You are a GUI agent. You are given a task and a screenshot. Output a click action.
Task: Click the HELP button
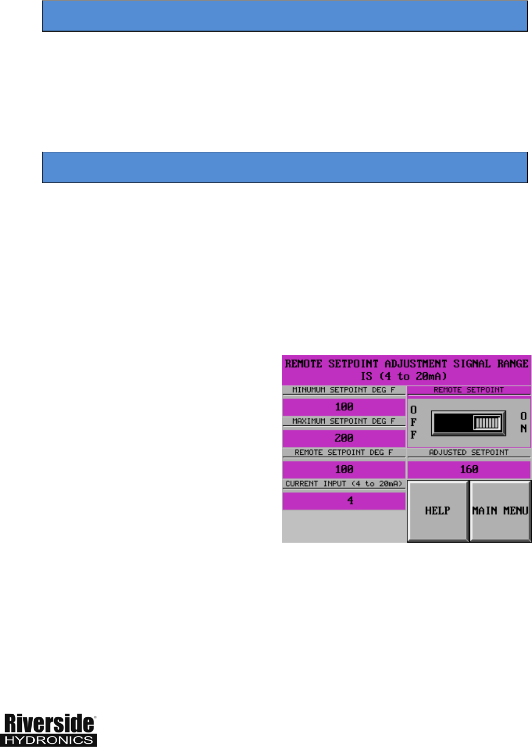(437, 511)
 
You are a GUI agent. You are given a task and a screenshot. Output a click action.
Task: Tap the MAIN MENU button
(500, 511)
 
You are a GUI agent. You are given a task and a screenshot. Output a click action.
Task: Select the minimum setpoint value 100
(344, 407)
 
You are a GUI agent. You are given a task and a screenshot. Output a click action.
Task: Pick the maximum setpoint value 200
(344, 438)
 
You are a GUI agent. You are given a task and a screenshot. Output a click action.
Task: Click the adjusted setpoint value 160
(469, 469)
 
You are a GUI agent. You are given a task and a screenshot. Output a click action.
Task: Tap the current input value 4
(350, 501)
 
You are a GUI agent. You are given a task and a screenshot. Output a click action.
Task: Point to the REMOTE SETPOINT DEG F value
(344, 469)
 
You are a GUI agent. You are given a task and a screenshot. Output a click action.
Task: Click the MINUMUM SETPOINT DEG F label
(344, 390)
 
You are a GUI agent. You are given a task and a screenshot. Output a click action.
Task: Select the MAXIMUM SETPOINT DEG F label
(344, 421)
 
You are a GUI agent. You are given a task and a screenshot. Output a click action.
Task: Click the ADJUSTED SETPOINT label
(469, 452)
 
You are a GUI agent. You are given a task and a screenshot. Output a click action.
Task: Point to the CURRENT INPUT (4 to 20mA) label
(344, 483)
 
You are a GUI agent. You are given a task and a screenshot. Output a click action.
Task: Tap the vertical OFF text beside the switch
(414, 422)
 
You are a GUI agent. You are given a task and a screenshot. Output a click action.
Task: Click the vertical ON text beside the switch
(524, 422)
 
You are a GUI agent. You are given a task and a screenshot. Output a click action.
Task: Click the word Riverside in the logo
(49, 724)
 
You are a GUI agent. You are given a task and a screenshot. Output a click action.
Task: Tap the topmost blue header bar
(285, 16)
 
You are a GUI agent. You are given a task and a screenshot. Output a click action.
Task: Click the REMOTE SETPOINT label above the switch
(469, 390)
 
